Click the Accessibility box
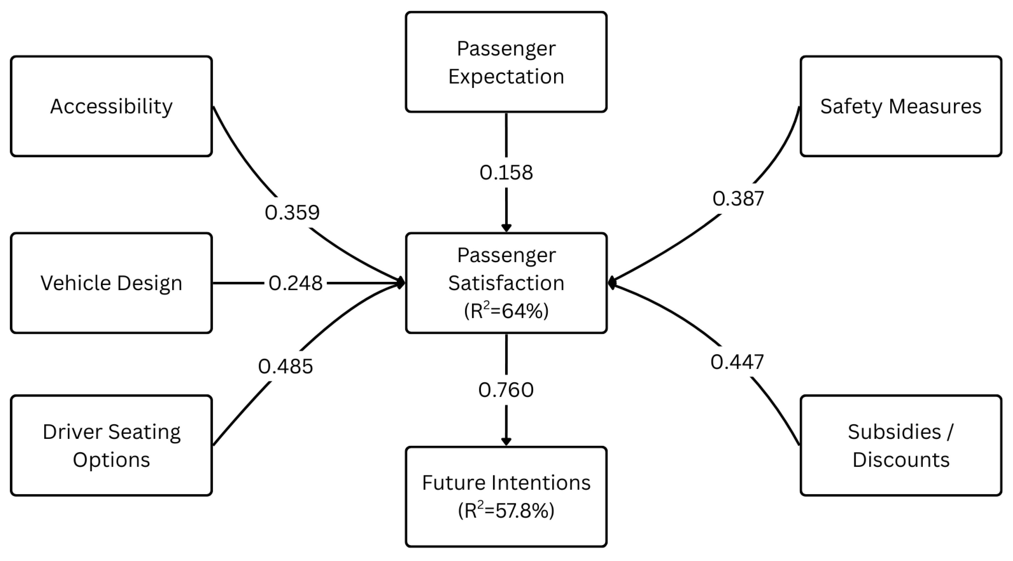[111, 106]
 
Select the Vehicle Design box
[111, 283]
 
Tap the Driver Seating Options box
[111, 446]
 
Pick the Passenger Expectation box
[506, 62]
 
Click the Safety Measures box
[901, 106]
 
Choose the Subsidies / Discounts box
[901, 446]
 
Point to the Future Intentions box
[506, 497]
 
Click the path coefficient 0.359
[292, 213]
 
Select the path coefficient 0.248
[295, 283]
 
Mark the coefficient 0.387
[738, 198]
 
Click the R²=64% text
[506, 311]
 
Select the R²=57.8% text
[506, 511]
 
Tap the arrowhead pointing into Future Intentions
[506, 442]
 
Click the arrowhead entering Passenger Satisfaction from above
[506, 228]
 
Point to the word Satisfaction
[506, 283]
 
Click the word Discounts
[901, 460]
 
